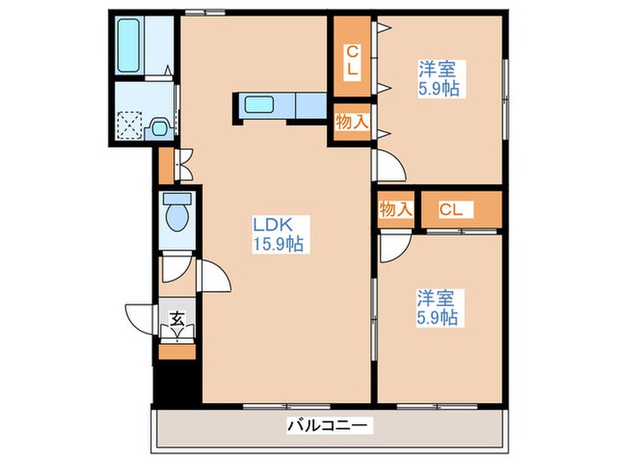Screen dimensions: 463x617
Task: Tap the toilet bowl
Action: [175, 214]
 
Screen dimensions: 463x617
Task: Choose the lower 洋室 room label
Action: [437, 297]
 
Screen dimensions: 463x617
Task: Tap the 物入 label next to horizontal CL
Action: [396, 210]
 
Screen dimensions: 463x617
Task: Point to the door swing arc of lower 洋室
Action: [391, 246]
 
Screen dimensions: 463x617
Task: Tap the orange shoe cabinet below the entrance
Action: [177, 351]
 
